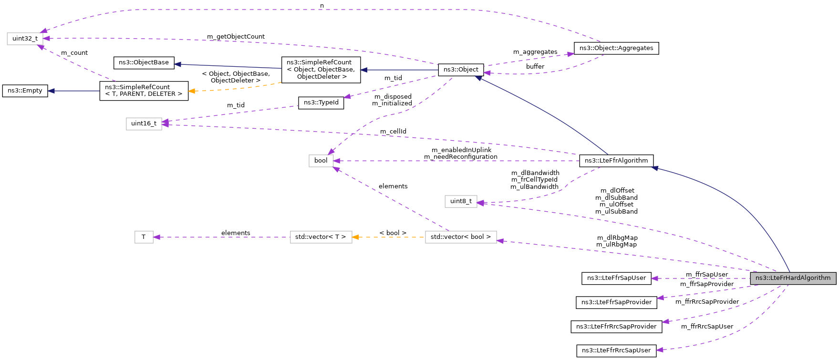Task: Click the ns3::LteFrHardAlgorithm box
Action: pos(793,278)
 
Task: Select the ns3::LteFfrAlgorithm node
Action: pos(616,161)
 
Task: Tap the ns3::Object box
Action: pos(461,70)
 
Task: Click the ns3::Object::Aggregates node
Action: pos(616,48)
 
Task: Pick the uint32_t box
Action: pos(25,39)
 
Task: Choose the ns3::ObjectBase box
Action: pos(144,62)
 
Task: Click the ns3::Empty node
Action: pos(25,91)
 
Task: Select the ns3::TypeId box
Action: pos(321,103)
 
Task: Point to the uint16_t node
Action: pos(144,123)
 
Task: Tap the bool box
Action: pos(321,161)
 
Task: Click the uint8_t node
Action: pos(461,201)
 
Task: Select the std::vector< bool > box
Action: pos(460,237)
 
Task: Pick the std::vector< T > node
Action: pos(321,237)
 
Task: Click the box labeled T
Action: pos(144,237)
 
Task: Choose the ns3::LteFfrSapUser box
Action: pos(616,278)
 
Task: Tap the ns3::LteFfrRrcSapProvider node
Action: pos(616,327)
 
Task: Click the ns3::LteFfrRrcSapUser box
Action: pos(616,350)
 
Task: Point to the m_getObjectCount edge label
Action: pos(236,37)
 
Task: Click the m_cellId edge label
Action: pos(393,132)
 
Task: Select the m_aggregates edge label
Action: pos(535,52)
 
